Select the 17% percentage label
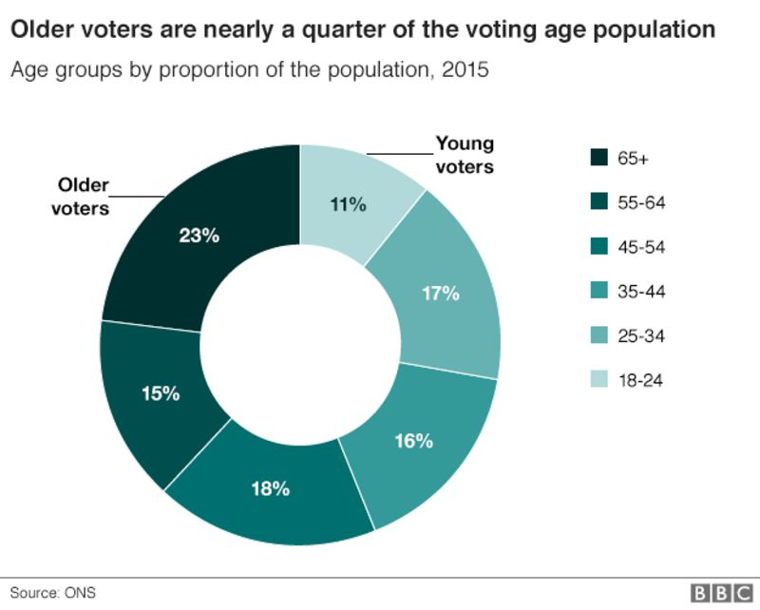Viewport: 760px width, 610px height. point(441,294)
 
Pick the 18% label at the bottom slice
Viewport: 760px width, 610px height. point(270,490)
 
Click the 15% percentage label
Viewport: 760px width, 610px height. point(161,392)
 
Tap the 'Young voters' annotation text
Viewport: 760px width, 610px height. point(465,155)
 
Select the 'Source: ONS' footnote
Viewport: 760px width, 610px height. point(53,593)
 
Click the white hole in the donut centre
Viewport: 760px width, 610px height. point(300,342)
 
